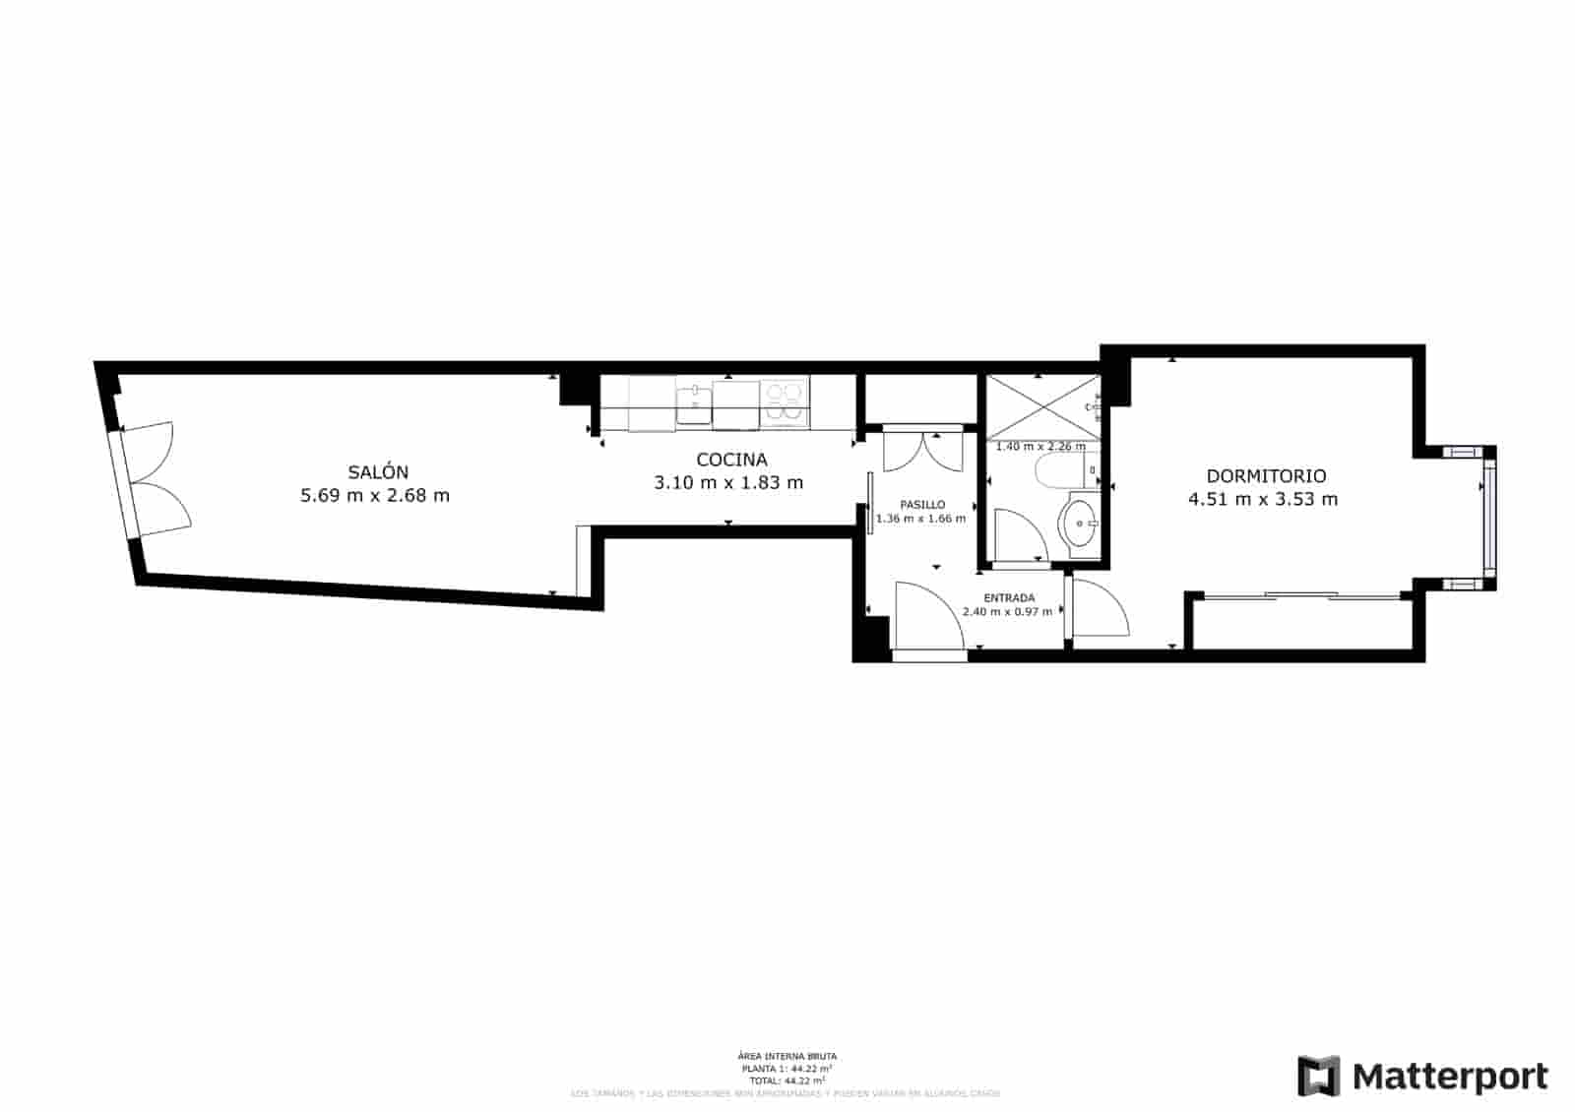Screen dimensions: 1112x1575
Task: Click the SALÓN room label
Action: pos(378,472)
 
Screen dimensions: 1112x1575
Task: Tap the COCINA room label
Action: pos(731,460)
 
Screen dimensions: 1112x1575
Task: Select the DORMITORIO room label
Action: pos(1266,476)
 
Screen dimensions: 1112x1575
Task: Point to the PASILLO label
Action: pos(922,505)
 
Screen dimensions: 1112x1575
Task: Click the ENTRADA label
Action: pos(1009,597)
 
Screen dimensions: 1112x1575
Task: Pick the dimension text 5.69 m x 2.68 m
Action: pos(375,496)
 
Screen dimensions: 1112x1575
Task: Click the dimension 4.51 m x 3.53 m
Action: pos(1263,499)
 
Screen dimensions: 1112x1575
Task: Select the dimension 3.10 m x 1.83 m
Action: pos(728,483)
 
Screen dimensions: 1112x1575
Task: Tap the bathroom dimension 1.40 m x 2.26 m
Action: pos(1040,446)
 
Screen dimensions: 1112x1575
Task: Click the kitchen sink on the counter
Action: pos(694,403)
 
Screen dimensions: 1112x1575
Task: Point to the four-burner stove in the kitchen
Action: pos(785,403)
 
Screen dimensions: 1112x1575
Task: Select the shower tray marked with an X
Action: pos(1041,406)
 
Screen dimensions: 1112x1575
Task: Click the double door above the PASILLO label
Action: pos(923,450)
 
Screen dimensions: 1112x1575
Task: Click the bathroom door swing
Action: pos(1016,535)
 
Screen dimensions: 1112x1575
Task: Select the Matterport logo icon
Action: pos(1318,1076)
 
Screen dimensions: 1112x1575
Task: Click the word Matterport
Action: pos(1450,1077)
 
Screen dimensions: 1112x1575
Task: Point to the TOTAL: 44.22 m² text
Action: pos(787,1081)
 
